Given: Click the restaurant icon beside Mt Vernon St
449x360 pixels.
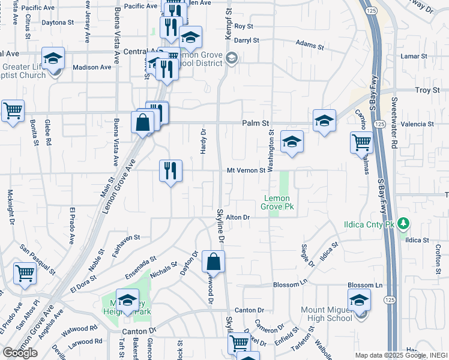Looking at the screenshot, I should [170, 170].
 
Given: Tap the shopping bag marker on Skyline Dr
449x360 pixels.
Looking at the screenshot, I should [213, 261].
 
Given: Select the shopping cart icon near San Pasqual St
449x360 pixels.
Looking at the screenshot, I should [25, 273].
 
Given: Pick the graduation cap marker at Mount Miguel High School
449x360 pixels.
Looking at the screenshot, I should [359, 299].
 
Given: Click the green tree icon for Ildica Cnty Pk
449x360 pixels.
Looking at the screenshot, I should [404, 224].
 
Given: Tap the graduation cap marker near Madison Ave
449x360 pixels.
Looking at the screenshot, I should [53, 59].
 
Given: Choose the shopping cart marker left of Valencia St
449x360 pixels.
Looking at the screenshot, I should [361, 143].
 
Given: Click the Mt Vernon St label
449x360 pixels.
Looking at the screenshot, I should [246, 170].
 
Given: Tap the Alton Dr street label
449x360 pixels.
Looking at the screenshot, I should [238, 217].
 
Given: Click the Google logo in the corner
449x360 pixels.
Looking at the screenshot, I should [20, 353].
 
